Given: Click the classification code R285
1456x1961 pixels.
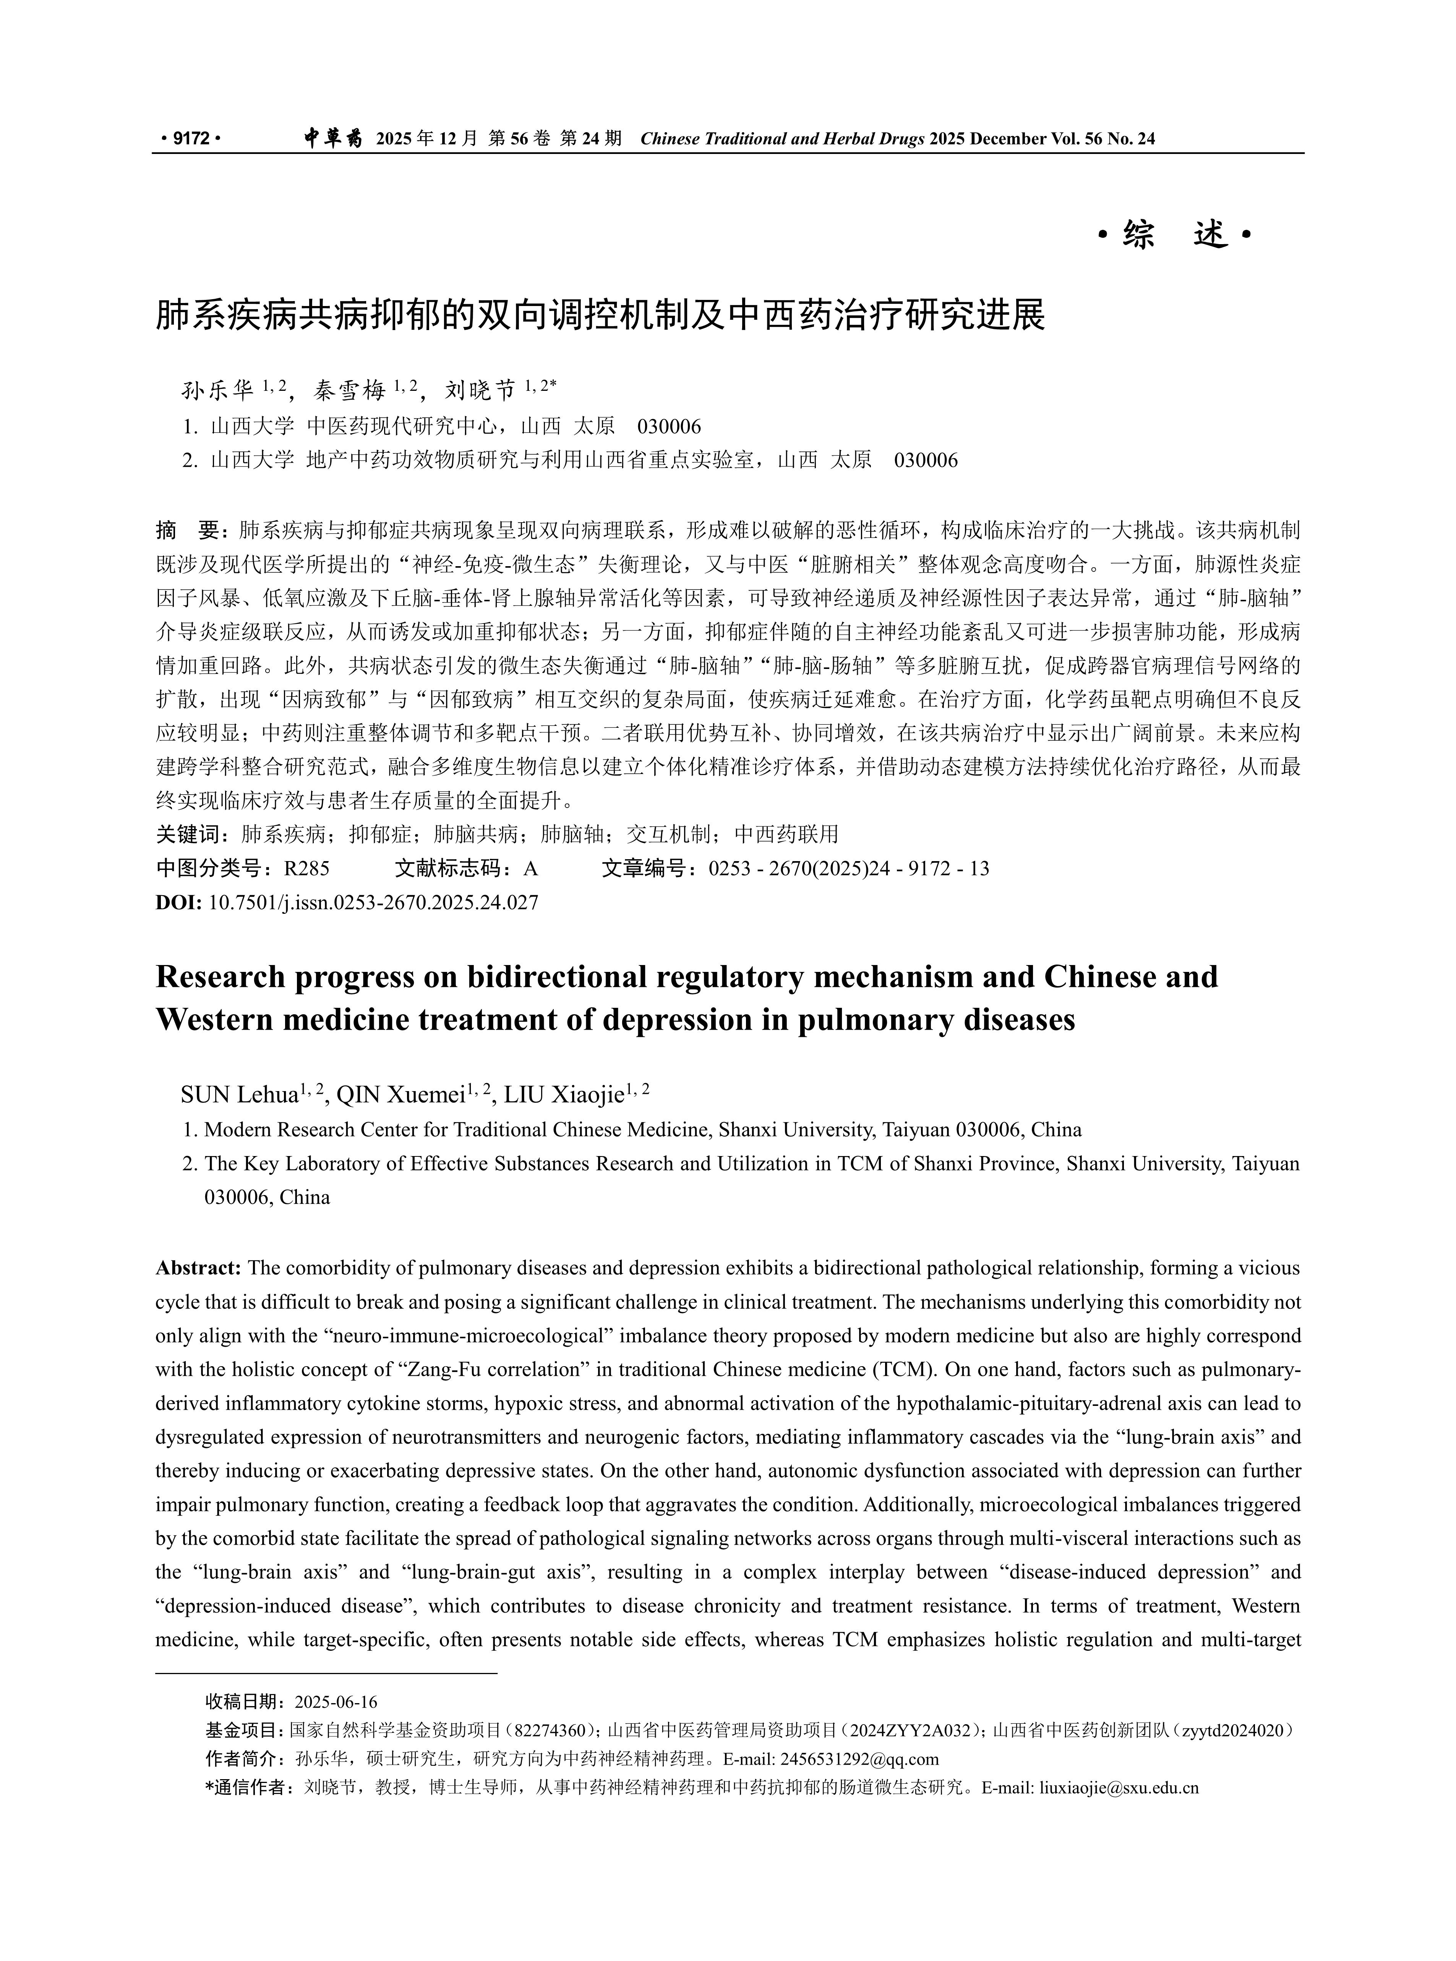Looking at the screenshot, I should pyautogui.click(x=307, y=869).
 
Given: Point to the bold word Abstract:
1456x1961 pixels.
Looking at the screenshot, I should pyautogui.click(x=198, y=1269).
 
